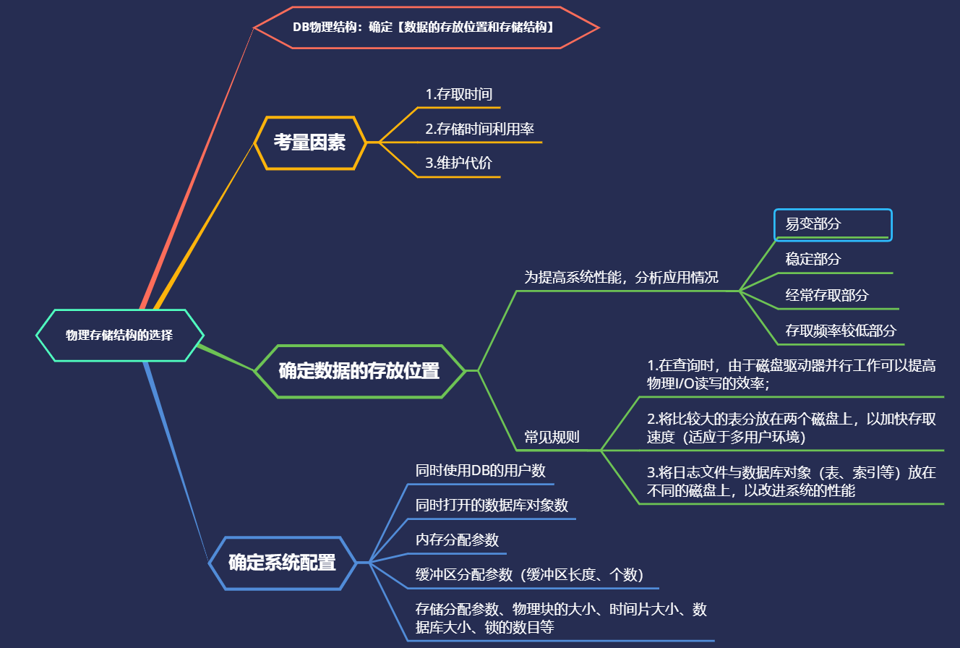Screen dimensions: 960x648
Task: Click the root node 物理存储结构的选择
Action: tap(120, 336)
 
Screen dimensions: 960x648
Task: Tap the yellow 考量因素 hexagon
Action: tap(309, 142)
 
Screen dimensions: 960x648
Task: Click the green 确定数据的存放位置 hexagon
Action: tap(359, 371)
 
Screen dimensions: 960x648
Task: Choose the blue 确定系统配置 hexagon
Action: tap(282, 563)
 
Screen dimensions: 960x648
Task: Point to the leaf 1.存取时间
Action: tap(459, 95)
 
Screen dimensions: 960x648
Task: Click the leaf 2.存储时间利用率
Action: tap(479, 129)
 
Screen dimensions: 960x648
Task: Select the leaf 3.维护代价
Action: tap(458, 163)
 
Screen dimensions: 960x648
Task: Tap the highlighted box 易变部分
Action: tap(833, 224)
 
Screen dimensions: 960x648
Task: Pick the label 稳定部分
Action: tap(813, 259)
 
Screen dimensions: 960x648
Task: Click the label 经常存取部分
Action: tap(827, 295)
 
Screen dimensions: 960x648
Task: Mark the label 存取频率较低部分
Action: tap(841, 331)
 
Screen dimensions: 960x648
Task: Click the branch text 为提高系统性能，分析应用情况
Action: tap(621, 278)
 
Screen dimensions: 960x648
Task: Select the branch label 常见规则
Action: tap(552, 437)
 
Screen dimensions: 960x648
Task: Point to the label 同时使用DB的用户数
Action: tap(480, 471)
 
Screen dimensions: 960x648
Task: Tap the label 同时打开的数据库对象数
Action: tap(492, 506)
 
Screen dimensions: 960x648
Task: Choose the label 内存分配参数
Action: tap(457, 540)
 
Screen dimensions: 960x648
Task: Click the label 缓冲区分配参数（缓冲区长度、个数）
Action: tap(529, 575)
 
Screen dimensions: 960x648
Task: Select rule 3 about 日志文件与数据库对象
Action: tap(792, 482)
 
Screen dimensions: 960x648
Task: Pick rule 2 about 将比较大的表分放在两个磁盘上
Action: tap(792, 427)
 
